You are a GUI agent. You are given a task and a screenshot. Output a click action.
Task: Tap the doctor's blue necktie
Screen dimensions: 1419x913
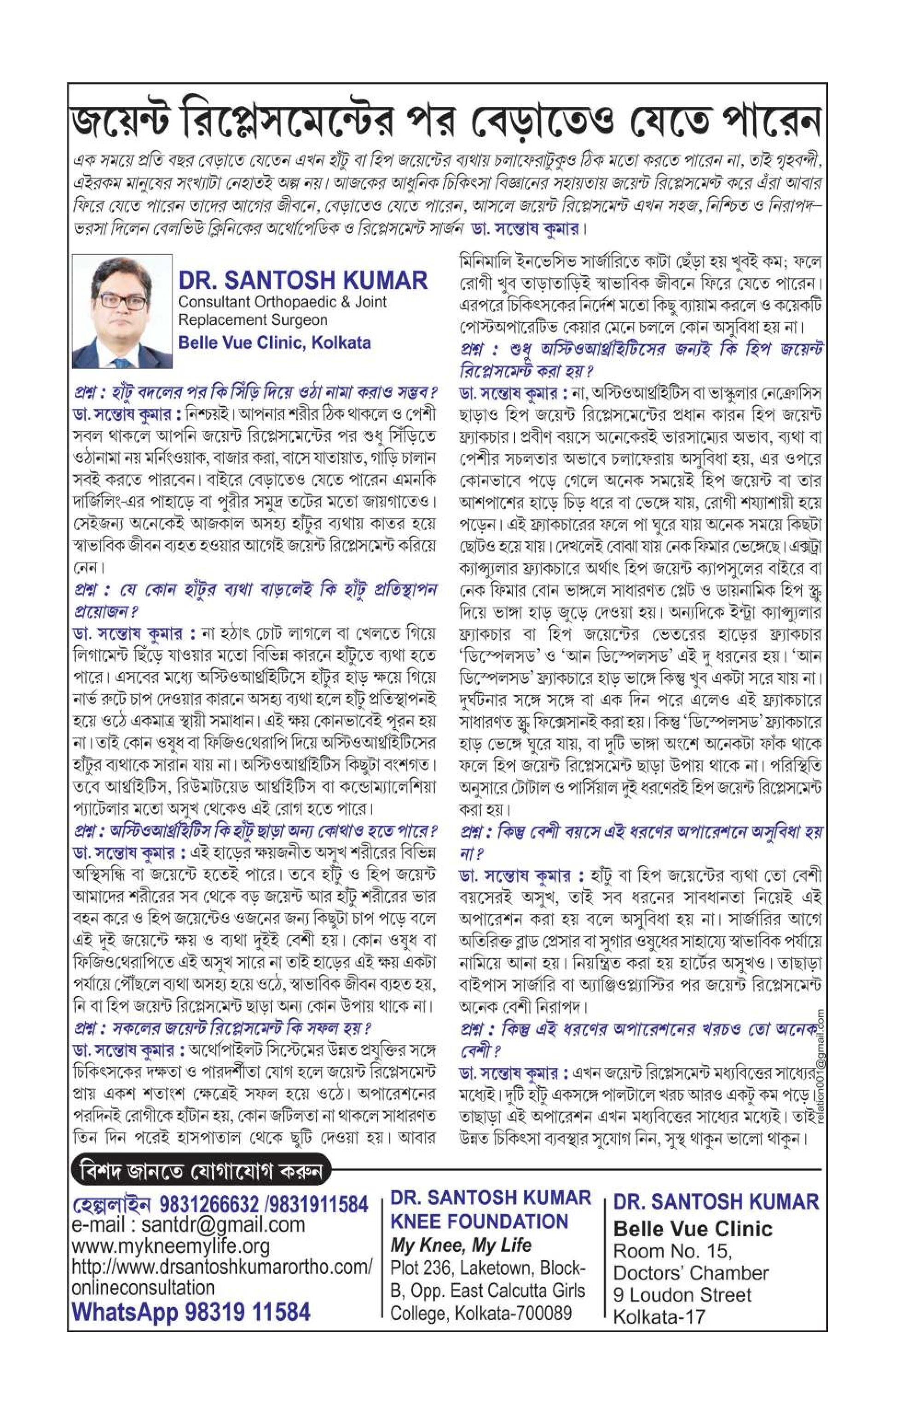pos(121,362)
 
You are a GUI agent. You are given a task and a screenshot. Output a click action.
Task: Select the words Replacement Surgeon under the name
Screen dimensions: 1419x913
pos(253,320)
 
